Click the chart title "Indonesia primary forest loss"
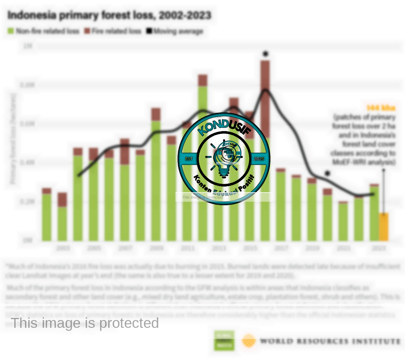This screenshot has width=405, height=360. point(109,15)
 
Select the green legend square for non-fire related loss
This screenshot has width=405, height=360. point(11,31)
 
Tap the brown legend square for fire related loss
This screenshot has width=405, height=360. point(87,31)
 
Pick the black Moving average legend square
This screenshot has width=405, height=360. point(149,31)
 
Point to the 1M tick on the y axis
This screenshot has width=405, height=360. point(28,46)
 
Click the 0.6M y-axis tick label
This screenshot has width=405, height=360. point(27,124)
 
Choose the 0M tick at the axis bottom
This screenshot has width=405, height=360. point(28,240)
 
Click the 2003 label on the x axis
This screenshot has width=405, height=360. point(63,248)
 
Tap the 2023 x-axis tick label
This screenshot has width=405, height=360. point(379,248)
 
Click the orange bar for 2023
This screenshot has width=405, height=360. point(384,227)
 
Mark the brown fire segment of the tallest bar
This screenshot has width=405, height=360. point(265,99)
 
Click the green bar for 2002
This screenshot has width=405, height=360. point(47,216)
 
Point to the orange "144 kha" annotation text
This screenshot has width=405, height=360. point(381,108)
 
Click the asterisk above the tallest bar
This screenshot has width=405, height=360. point(265,54)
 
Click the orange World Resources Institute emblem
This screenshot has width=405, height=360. point(249,341)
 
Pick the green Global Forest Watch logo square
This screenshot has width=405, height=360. point(224,340)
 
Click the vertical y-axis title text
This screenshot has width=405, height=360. point(13,138)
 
